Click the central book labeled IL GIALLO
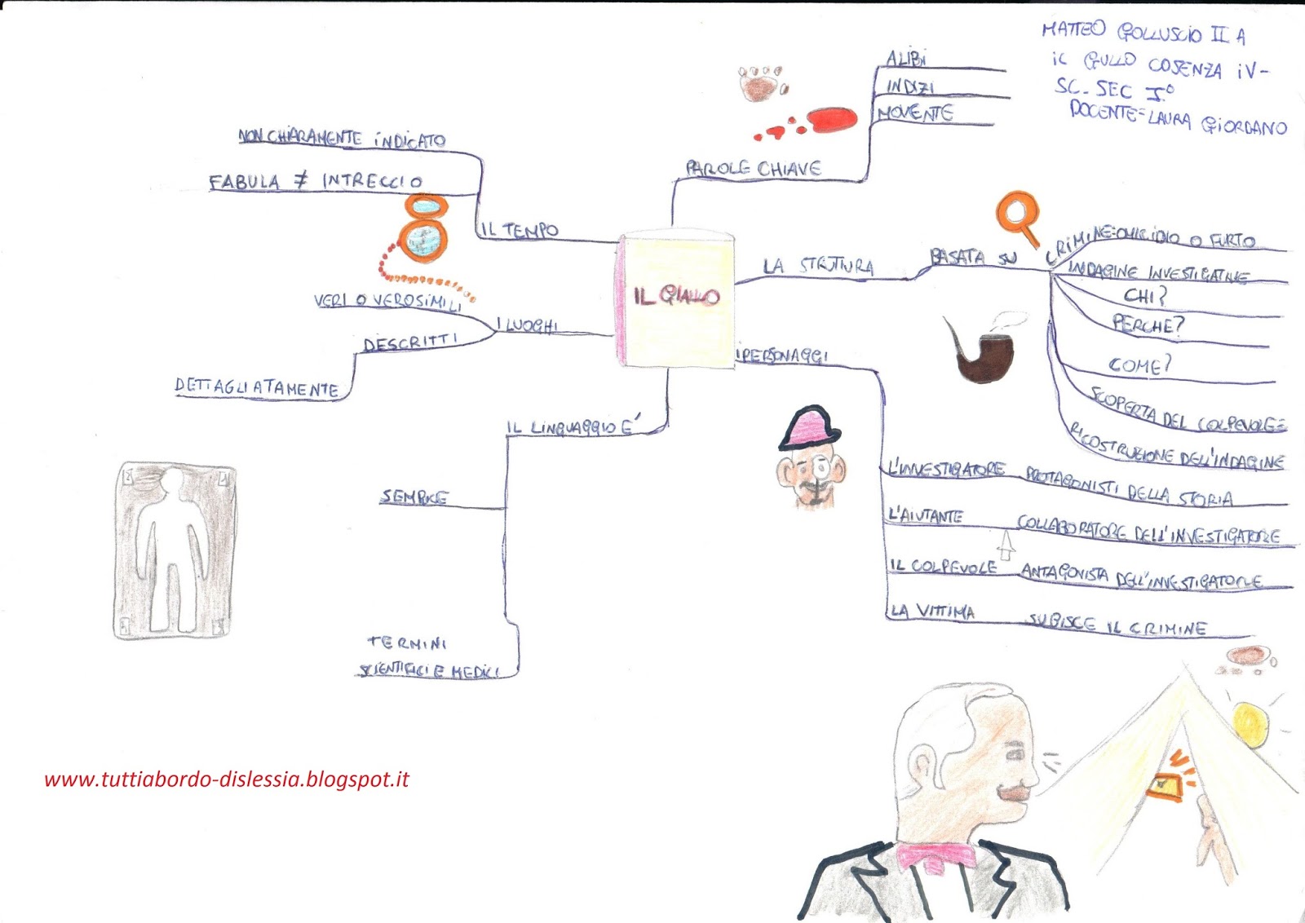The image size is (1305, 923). click(676, 298)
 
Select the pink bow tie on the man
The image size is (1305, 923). click(936, 856)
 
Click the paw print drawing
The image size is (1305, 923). click(762, 83)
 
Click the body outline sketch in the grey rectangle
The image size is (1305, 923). click(175, 551)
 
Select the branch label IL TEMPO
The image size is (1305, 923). click(520, 230)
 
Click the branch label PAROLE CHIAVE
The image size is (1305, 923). click(753, 169)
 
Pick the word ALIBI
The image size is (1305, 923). click(905, 59)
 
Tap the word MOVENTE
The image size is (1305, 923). click(915, 113)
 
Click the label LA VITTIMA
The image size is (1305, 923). click(932, 611)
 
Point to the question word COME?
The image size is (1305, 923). click(1139, 364)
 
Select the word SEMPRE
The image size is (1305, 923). click(414, 497)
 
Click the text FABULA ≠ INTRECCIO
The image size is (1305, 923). click(316, 181)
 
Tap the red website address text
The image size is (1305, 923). click(226, 779)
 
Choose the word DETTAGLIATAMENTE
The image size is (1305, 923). click(257, 387)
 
